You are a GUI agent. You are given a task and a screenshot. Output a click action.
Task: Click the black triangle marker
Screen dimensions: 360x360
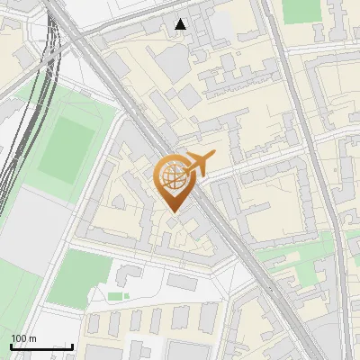(x=182, y=24)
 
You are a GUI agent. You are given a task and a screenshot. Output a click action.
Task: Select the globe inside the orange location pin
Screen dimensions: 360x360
(x=172, y=176)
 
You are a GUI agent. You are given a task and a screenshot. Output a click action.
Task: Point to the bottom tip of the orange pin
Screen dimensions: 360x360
(x=172, y=212)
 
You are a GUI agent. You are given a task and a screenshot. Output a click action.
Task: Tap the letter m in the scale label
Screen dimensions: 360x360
(x=32, y=338)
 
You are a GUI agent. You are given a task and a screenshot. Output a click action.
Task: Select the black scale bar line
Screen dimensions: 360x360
(x=41, y=346)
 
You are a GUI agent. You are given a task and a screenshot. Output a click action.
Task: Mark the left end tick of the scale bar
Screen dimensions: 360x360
(x=11, y=346)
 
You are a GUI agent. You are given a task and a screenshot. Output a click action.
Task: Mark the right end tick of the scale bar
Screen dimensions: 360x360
(x=72, y=346)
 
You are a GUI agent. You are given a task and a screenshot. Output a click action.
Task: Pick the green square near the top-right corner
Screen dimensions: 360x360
(x=301, y=11)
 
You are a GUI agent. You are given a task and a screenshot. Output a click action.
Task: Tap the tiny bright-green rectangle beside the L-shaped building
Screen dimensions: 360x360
(x=115, y=295)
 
